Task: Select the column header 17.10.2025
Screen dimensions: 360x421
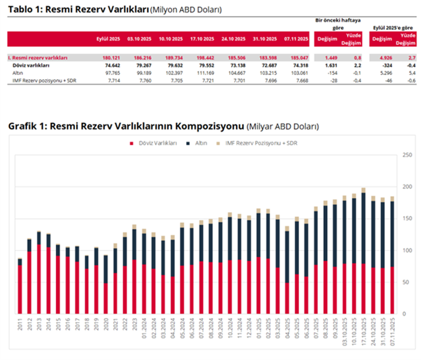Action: (202, 39)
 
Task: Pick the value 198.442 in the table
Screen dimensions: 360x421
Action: (206, 57)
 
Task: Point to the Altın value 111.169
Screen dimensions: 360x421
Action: (206, 73)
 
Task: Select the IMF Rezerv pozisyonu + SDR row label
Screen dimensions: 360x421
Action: (39, 81)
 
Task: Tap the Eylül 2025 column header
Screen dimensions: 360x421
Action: (108, 39)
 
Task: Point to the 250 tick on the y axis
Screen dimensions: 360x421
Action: (406, 155)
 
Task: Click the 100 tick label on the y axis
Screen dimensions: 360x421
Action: (406, 250)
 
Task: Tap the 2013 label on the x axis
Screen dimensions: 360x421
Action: (39, 325)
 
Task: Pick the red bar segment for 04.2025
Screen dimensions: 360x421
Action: (287, 298)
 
